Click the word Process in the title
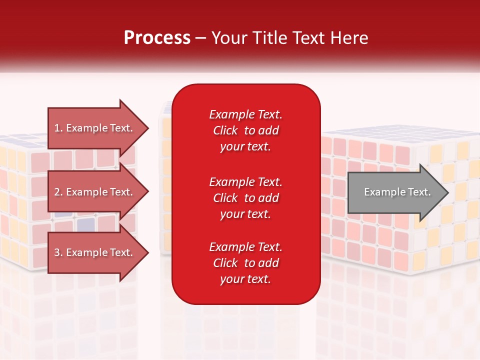pyautogui.click(x=157, y=38)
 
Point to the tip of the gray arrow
pyautogui.click(x=447, y=192)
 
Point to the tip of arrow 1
pyautogui.click(x=148, y=128)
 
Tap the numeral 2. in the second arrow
pyautogui.click(x=58, y=192)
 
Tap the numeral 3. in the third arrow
pyautogui.click(x=58, y=252)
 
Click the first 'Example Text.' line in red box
pyautogui.click(x=245, y=114)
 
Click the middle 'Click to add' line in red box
pyautogui.click(x=245, y=198)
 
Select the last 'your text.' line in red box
pyautogui.click(x=245, y=279)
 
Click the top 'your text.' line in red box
pyautogui.click(x=245, y=147)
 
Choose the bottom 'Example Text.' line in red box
pyautogui.click(x=245, y=247)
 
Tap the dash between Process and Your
pyautogui.click(x=200, y=38)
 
